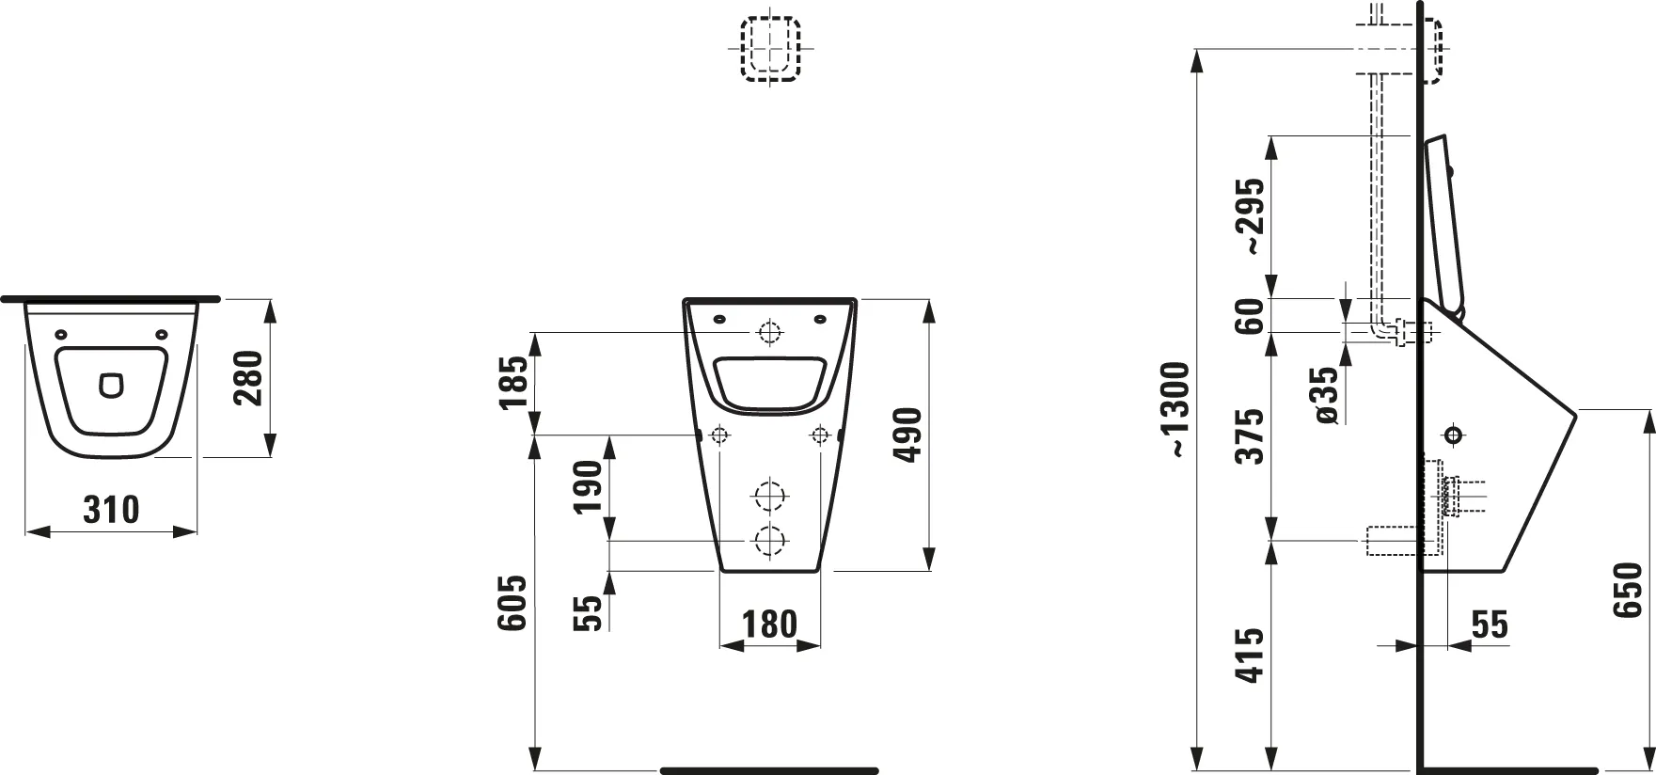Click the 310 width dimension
tap(111, 510)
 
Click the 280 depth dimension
tap(247, 377)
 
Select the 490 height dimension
tap(907, 435)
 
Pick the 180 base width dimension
tap(768, 624)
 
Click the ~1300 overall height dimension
tap(1175, 411)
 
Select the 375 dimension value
tap(1251, 436)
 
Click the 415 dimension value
tap(1251, 656)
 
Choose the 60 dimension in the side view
tap(1251, 315)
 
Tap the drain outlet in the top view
tap(111, 384)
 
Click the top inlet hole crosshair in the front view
tap(769, 332)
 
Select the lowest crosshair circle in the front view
tap(768, 540)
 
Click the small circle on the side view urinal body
tap(1454, 435)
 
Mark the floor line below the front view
tap(769, 770)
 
